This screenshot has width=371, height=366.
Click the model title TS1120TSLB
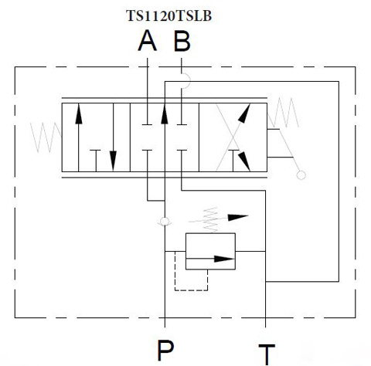[169, 15]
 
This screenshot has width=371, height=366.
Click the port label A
[148, 40]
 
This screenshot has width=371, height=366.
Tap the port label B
[182, 40]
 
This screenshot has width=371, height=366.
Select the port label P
[165, 350]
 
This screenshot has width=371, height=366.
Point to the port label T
[267, 354]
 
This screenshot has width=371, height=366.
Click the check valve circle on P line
[165, 221]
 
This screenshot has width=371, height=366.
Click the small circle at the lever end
[301, 175]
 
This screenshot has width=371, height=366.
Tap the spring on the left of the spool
[46, 137]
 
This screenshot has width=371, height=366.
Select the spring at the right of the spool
[284, 113]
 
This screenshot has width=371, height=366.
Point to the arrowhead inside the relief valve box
[224, 259]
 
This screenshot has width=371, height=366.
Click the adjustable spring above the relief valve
[211, 219]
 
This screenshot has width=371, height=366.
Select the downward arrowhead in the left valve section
[113, 161]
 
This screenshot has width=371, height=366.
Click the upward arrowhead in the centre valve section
[165, 114]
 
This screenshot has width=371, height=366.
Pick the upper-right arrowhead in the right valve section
[244, 113]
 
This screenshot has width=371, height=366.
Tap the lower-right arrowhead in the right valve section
[244, 161]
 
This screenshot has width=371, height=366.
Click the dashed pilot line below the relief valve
[191, 290]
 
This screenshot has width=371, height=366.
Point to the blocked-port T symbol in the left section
[96, 161]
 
